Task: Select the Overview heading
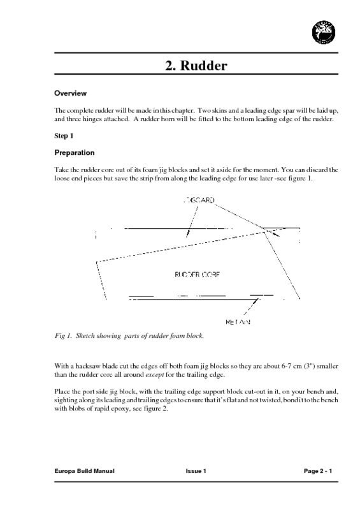pos(70,93)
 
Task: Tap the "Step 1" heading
pos(65,135)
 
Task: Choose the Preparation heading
pos(75,153)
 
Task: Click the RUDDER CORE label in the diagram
pos(198,275)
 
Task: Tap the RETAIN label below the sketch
pos(238,322)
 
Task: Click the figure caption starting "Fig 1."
pos(129,335)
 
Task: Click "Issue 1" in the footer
pos(196,470)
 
